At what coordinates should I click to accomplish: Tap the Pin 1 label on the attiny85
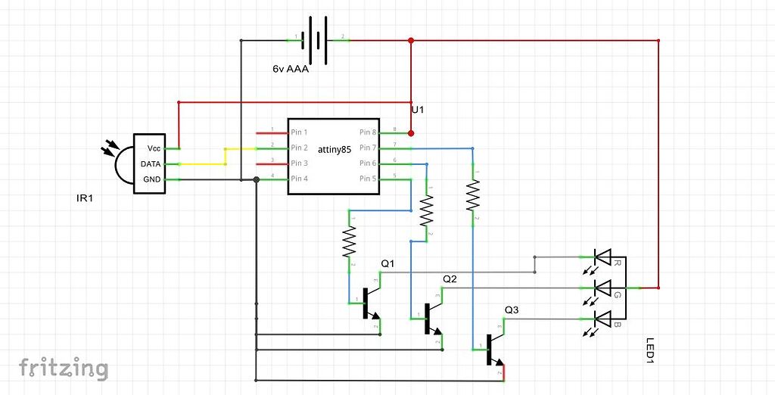(x=299, y=132)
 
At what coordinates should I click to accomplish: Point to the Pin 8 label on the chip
(x=368, y=132)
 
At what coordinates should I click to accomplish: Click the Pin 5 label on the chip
(x=368, y=179)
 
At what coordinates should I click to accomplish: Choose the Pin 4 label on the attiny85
(x=299, y=179)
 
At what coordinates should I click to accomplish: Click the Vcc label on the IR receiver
(x=154, y=148)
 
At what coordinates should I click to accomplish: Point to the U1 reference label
(x=418, y=110)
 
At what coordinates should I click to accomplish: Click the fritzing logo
(x=64, y=369)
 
